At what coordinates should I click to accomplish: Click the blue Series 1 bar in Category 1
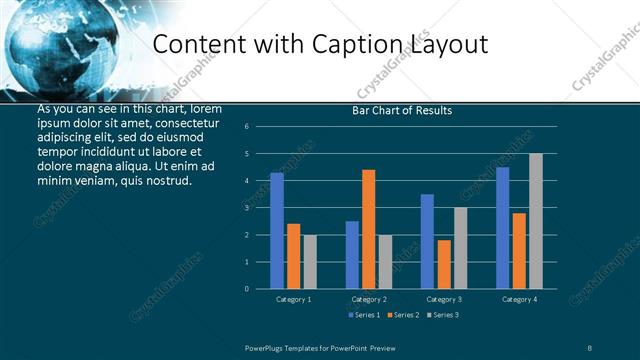pos(277,231)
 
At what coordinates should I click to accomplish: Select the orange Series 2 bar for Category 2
pos(368,229)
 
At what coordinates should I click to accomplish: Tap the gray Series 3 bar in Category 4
pos(536,221)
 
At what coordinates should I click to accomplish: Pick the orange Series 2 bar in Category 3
pos(444,264)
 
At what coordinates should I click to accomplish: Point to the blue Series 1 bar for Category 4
pos(502,228)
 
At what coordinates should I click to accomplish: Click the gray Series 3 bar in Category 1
pos(310,262)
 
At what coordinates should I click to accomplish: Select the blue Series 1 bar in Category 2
pos(352,255)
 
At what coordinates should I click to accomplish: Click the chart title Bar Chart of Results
pos(402,110)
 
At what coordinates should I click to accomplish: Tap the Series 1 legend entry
pos(365,315)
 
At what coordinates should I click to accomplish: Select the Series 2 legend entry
pos(402,315)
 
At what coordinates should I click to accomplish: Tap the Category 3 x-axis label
pos(444,299)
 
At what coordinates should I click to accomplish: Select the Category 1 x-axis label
pos(294,299)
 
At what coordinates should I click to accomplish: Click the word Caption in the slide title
pos(363,45)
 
